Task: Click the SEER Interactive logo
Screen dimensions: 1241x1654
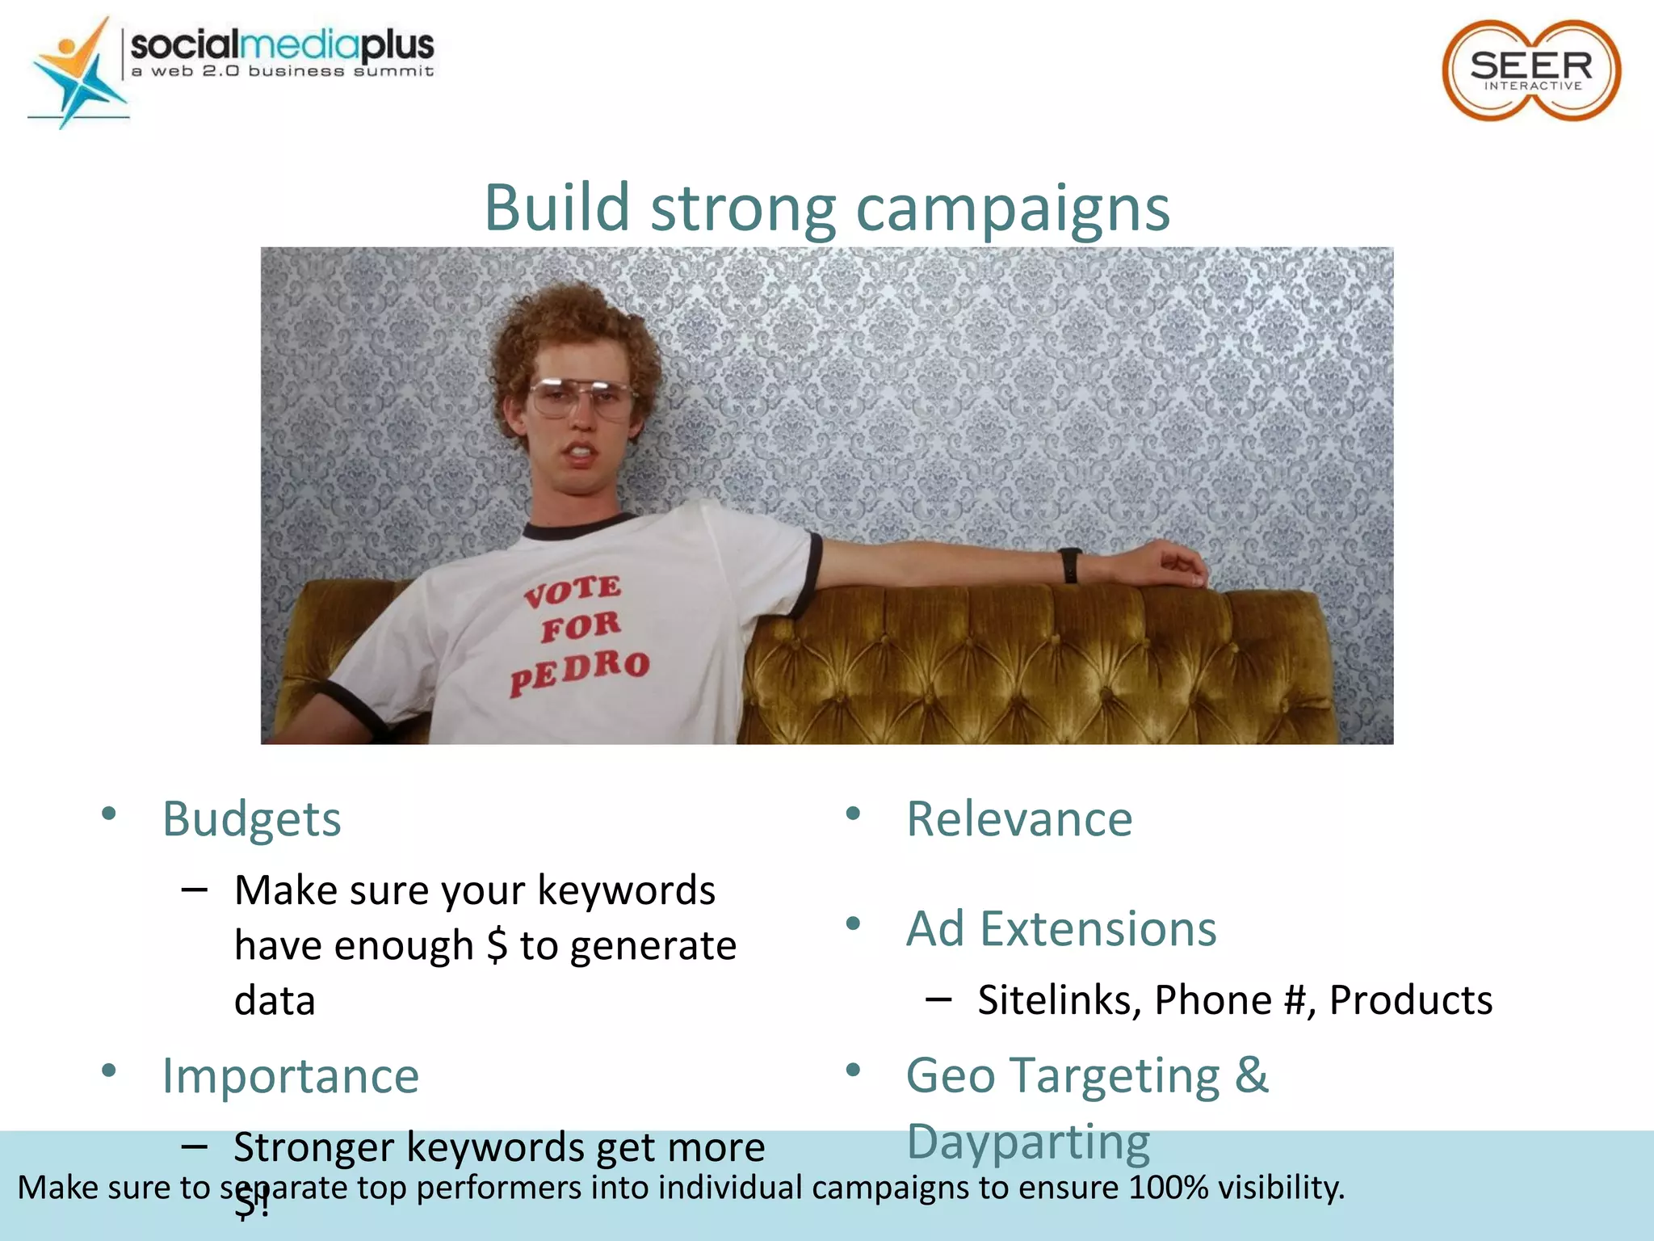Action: point(1531,70)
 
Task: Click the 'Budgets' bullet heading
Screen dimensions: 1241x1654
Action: point(252,819)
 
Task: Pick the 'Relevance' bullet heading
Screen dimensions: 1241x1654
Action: point(1019,819)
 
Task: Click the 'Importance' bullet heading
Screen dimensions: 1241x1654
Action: point(291,1076)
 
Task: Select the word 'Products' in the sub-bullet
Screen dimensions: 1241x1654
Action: point(1410,1000)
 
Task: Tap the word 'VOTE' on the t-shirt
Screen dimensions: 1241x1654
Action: point(573,591)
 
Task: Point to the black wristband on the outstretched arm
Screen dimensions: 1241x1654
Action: point(1070,565)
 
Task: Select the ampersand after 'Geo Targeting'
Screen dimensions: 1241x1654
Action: point(1251,1076)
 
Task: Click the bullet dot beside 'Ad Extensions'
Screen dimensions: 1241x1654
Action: point(853,923)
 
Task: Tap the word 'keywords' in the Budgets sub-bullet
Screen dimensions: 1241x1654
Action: point(626,890)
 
